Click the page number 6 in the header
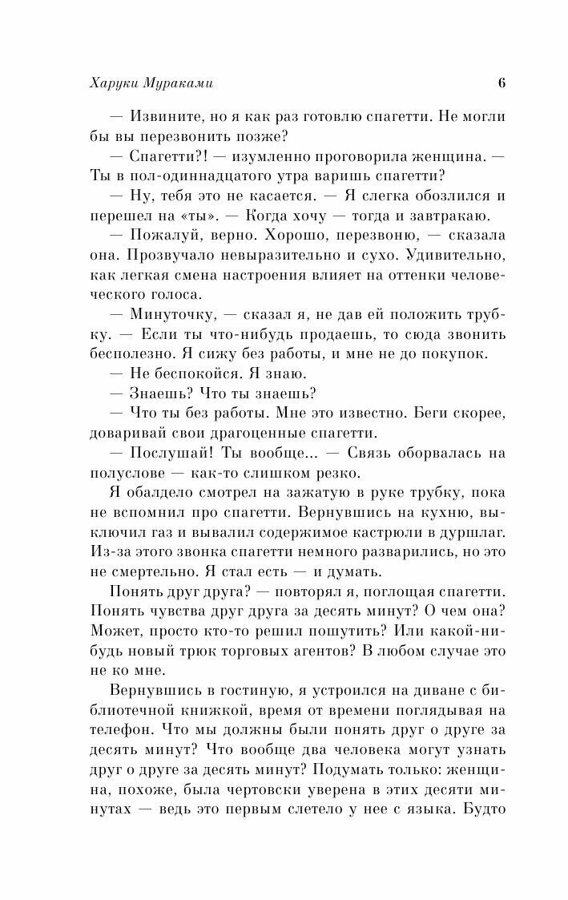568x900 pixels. [x=501, y=83]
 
